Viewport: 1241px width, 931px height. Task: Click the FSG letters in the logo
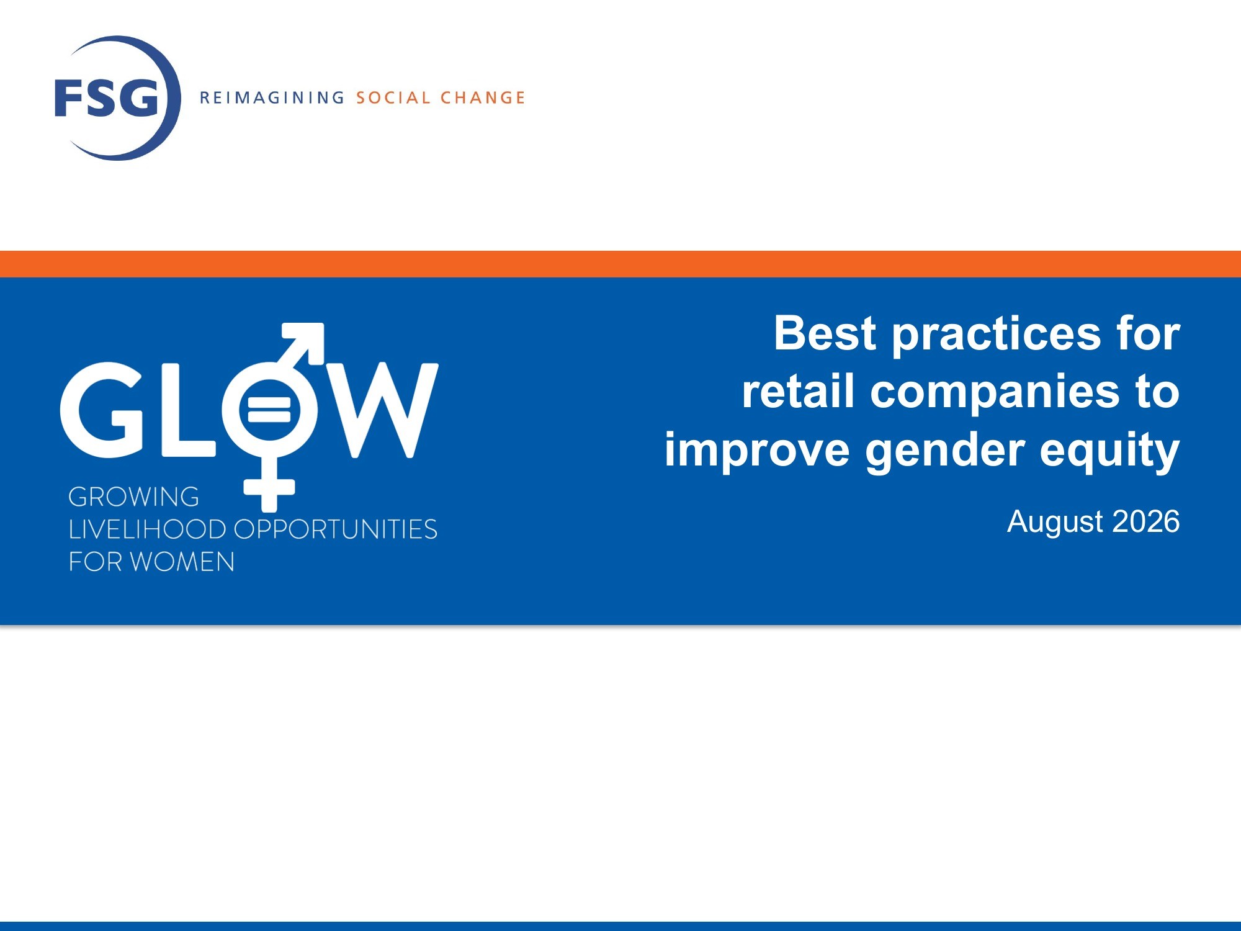[x=106, y=97]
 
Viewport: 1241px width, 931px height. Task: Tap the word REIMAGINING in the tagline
[x=272, y=97]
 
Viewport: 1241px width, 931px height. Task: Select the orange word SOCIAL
[x=393, y=97]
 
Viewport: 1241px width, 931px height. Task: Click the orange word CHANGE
[x=483, y=97]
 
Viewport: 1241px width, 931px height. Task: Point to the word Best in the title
[x=825, y=333]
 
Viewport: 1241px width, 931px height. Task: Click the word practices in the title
[x=996, y=335]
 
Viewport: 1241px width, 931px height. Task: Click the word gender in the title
[x=945, y=451]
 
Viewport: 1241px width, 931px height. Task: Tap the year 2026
[x=1146, y=521]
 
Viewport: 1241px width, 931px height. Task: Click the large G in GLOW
[x=102, y=410]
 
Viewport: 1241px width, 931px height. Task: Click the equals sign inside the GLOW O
[x=269, y=410]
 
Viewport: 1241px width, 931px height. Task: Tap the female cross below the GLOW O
[x=269, y=486]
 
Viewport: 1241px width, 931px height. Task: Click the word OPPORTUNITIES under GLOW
[x=336, y=529]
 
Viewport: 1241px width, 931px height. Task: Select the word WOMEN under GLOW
[x=182, y=562]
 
